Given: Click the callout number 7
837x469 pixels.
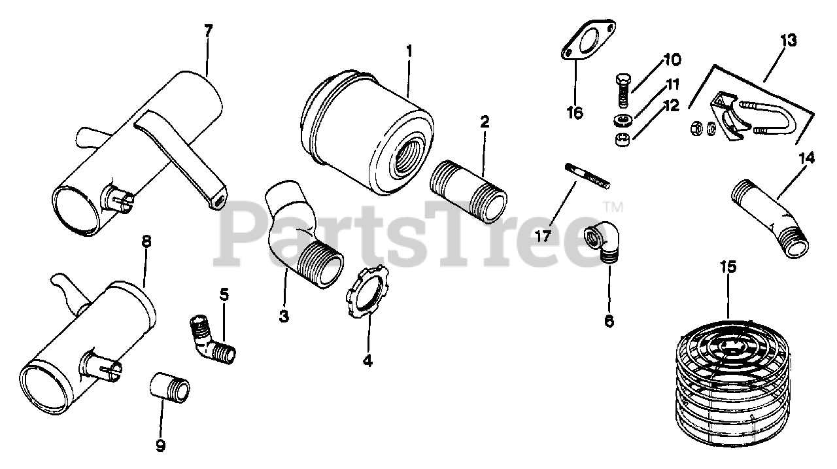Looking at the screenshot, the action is pyautogui.click(x=209, y=31).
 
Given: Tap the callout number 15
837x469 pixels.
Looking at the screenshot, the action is pyautogui.click(x=728, y=267).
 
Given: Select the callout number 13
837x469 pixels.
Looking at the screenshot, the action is pyautogui.click(x=788, y=41).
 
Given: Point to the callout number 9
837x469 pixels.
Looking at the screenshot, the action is pyautogui.click(x=161, y=445).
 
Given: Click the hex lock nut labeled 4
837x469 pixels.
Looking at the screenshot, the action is pyautogui.click(x=367, y=292).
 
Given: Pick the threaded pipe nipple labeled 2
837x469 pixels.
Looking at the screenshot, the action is pyautogui.click(x=468, y=192).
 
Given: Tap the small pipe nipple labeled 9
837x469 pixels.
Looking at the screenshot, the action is pyautogui.click(x=169, y=387).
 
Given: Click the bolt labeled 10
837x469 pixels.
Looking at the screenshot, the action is pyautogui.click(x=623, y=91).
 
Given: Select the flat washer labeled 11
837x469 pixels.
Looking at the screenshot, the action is pyautogui.click(x=622, y=120).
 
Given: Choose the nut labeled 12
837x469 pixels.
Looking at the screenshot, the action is pyautogui.click(x=622, y=139).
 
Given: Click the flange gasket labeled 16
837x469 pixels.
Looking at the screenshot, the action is pyautogui.click(x=589, y=40).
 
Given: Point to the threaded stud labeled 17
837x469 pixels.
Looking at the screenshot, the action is pyautogui.click(x=588, y=176).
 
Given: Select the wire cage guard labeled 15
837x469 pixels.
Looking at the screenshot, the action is pyautogui.click(x=733, y=383).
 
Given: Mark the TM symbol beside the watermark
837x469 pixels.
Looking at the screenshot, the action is pyautogui.click(x=613, y=207).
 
